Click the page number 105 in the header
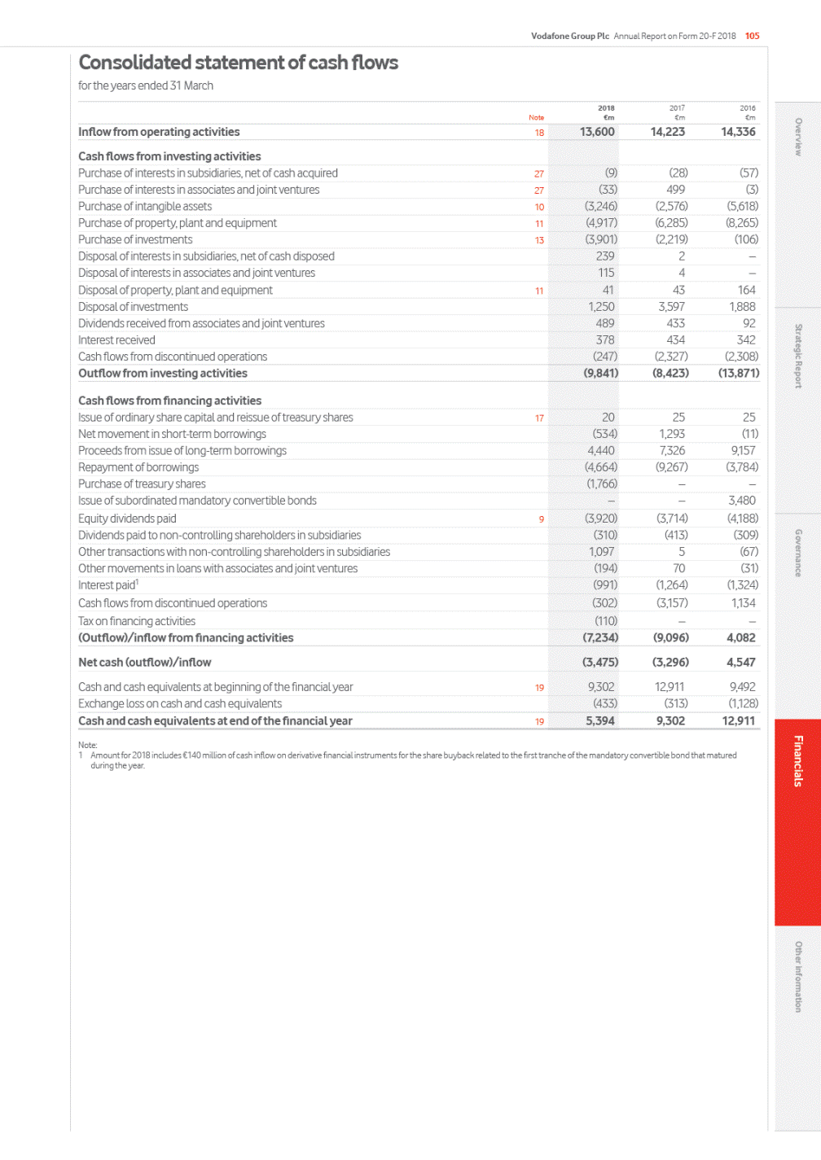(x=752, y=36)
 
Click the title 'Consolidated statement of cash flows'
(x=238, y=63)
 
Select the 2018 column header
(x=606, y=108)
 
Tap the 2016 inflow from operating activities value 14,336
(x=738, y=132)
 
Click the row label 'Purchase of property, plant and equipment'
(x=178, y=223)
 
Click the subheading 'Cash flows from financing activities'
(x=169, y=401)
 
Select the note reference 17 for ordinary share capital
(x=539, y=418)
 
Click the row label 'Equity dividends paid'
(x=127, y=519)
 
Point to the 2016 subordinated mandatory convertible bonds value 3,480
(x=741, y=501)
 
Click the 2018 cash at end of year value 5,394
(x=600, y=721)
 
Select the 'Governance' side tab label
(x=798, y=553)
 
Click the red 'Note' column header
(x=536, y=118)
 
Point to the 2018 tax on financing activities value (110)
(x=605, y=621)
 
